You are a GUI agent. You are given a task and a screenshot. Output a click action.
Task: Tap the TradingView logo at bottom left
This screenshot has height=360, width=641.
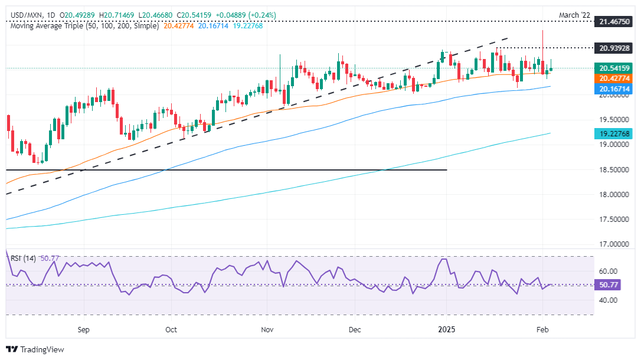click(x=35, y=349)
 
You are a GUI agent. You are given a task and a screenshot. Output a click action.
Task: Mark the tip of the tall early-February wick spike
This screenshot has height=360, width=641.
click(x=542, y=30)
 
